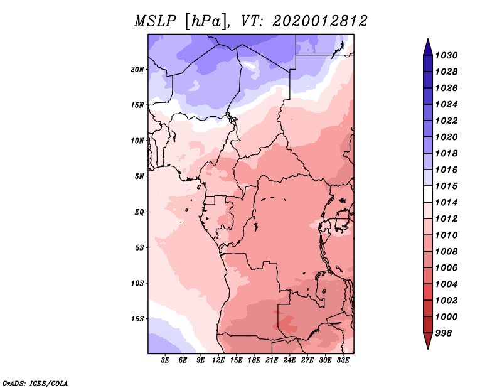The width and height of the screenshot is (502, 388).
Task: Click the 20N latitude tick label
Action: [137, 70]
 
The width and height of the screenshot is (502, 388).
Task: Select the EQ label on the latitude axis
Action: [139, 212]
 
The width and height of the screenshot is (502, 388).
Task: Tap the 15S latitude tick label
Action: [137, 319]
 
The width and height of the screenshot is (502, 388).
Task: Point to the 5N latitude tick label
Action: [139, 176]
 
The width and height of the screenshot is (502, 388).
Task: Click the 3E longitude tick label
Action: [165, 360]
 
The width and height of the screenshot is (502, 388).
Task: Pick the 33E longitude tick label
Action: [343, 360]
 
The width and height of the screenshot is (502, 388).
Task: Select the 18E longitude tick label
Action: [254, 360]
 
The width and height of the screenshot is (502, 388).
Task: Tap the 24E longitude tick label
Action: [289, 360]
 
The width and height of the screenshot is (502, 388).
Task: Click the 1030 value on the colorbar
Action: [446, 55]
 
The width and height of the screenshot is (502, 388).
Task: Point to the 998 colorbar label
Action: [444, 333]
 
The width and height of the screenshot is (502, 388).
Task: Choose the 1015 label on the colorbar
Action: [446, 186]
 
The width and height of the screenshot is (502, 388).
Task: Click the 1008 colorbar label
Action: [446, 252]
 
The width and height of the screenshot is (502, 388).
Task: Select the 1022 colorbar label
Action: [446, 121]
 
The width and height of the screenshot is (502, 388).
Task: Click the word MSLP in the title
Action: [155, 21]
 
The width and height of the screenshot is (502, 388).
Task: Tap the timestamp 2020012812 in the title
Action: [319, 21]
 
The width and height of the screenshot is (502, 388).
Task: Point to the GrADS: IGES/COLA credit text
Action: [35, 384]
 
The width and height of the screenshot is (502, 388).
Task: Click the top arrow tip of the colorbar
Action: [428, 39]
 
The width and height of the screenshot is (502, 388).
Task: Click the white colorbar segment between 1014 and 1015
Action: [428, 194]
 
